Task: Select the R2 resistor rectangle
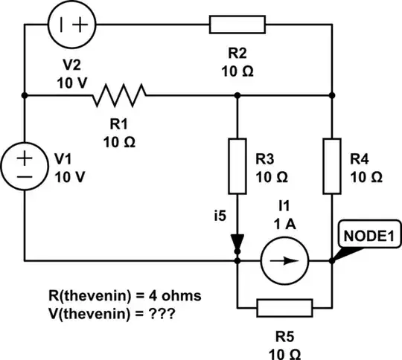tap(237, 24)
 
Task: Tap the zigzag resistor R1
tap(119, 95)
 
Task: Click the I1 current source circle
tap(284, 261)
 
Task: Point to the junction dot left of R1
tap(25, 95)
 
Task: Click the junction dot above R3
tap(237, 95)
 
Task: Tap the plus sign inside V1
tap(25, 158)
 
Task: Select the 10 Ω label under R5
tap(284, 350)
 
